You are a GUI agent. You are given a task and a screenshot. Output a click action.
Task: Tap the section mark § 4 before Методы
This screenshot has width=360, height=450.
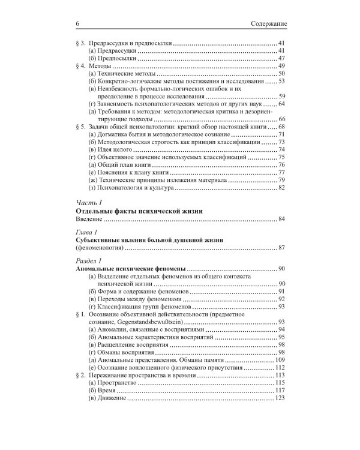[x=82, y=65]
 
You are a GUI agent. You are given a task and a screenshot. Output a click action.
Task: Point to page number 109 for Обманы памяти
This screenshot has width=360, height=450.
[x=278, y=359]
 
